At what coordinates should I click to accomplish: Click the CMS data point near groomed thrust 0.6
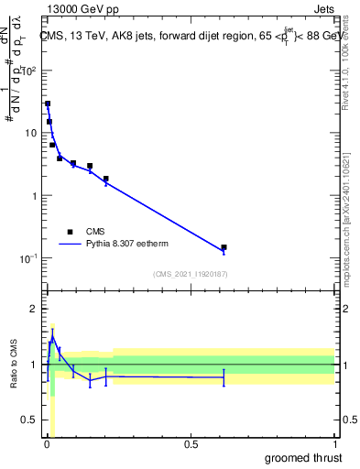224,247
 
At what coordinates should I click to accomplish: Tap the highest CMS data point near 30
48,104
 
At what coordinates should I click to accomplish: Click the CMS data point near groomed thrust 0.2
106,179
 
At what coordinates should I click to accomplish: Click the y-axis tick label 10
32,133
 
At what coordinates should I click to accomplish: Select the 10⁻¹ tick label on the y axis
29,257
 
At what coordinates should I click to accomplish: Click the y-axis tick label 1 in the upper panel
35,195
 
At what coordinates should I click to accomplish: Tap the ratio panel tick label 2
35,309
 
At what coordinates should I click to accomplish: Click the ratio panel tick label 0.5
30,421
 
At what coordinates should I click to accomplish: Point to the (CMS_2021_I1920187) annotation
190,274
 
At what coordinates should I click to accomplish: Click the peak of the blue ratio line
52,337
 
